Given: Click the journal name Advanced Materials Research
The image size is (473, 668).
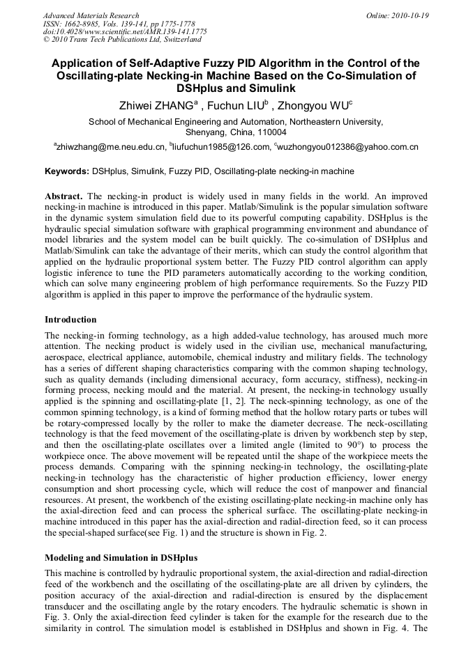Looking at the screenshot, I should click(x=91, y=15).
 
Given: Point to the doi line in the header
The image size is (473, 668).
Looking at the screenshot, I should click(x=125, y=32).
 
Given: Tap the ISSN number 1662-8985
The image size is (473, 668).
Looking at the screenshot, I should click(x=85, y=24).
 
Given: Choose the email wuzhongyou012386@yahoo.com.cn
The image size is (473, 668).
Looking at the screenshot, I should click(x=348, y=147).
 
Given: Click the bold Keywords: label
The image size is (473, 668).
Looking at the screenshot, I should click(x=67, y=171).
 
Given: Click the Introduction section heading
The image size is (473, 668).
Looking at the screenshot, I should click(x=70, y=320).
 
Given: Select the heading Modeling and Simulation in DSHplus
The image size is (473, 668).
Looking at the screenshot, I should click(x=121, y=558).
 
